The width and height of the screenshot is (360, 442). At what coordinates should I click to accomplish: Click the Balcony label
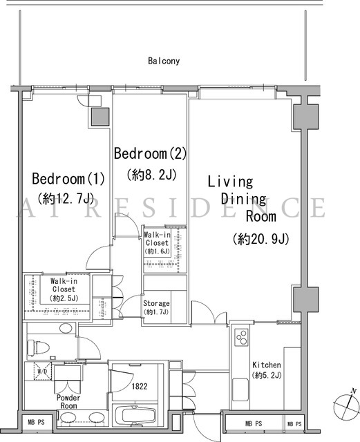(x=164, y=61)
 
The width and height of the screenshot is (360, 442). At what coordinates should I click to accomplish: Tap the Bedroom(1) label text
(x=68, y=179)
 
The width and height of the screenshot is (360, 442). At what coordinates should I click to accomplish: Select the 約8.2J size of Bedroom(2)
(x=152, y=175)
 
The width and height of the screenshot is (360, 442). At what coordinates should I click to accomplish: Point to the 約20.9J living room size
(x=261, y=240)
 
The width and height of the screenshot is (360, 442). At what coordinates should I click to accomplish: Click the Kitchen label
(x=267, y=365)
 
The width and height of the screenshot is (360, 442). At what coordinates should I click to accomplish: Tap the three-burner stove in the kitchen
(x=242, y=338)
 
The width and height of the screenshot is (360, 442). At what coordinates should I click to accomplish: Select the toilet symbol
(x=38, y=347)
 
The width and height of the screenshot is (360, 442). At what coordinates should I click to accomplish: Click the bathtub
(x=135, y=417)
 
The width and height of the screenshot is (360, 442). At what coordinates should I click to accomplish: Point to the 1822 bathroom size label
(x=140, y=386)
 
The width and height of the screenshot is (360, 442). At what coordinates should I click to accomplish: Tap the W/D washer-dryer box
(x=43, y=372)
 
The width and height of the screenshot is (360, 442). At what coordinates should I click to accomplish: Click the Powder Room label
(x=68, y=402)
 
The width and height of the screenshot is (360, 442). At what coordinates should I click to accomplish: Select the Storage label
(x=156, y=303)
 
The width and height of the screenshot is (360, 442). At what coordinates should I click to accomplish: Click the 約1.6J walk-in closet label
(x=157, y=251)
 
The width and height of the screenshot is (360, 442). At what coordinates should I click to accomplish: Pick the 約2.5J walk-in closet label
(x=64, y=298)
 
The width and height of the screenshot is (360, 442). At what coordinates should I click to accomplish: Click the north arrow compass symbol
(x=346, y=405)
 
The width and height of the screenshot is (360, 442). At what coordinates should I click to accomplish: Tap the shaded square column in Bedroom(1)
(x=100, y=117)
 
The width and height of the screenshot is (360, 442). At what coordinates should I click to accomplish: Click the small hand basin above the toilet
(x=66, y=328)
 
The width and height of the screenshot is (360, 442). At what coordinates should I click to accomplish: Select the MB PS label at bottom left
(x=36, y=422)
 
